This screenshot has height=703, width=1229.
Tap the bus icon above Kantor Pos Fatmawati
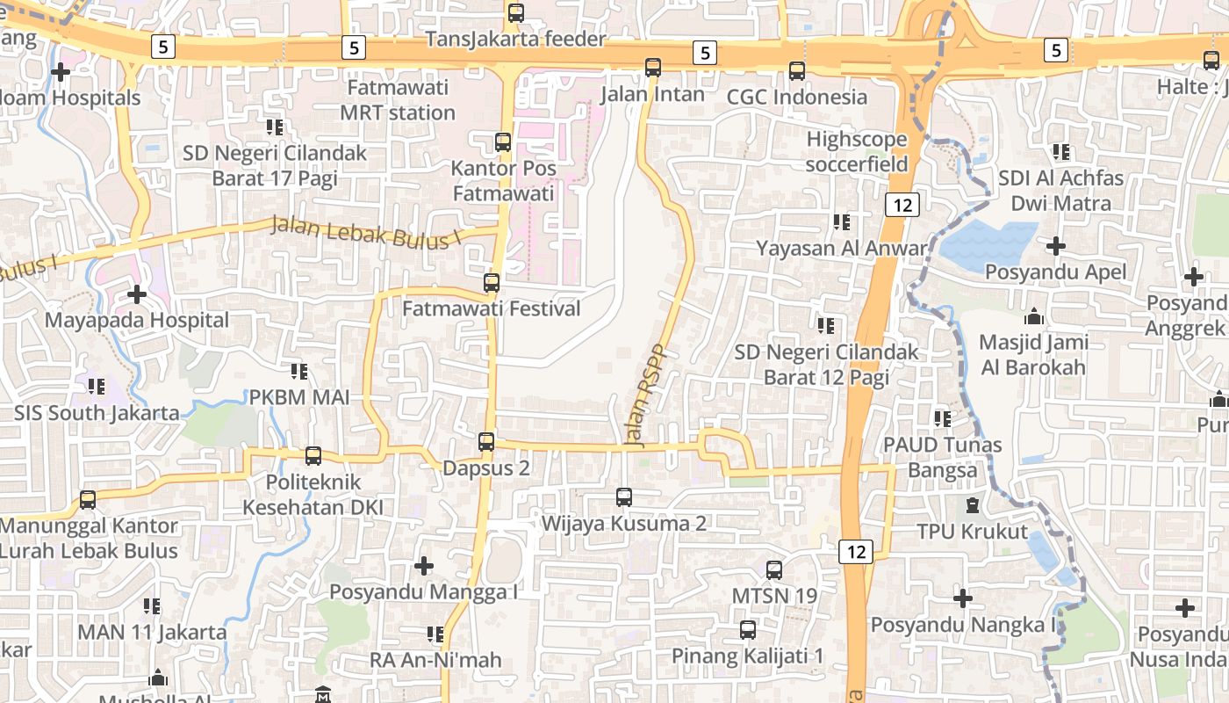(503, 141)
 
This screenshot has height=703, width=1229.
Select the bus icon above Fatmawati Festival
(492, 283)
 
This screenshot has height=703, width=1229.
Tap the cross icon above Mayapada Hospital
(136, 294)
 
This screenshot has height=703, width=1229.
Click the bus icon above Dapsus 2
(486, 442)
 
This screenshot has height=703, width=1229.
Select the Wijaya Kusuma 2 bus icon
(624, 497)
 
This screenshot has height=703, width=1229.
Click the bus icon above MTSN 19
(774, 570)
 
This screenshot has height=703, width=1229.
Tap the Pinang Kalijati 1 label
(747, 656)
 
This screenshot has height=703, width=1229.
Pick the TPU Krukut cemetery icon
(972, 505)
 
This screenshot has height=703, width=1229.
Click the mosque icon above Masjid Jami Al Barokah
(1034, 316)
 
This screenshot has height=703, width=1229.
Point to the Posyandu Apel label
(1055, 272)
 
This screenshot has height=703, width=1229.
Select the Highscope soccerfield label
(856, 151)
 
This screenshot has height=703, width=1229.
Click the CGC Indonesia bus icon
(797, 71)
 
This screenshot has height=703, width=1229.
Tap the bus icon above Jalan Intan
(653, 68)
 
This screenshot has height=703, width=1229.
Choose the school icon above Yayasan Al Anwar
(842, 222)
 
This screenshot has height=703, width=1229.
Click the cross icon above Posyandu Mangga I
(424, 566)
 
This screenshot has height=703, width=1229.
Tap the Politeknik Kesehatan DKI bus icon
(313, 456)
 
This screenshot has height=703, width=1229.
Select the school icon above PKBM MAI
(299, 372)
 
